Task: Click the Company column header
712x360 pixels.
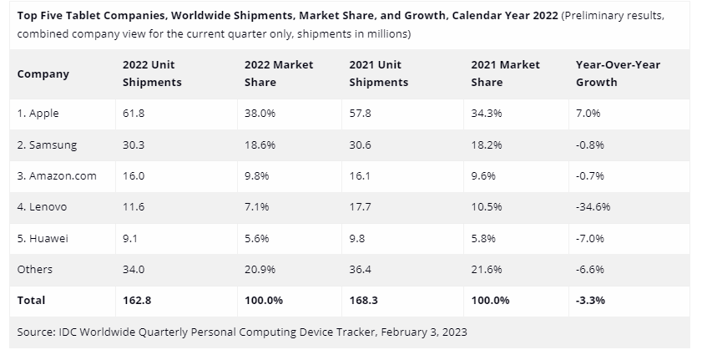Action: (43, 74)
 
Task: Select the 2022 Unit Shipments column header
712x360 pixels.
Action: (151, 74)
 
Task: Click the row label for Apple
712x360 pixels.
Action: (38, 113)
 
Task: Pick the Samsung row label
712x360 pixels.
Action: (47, 145)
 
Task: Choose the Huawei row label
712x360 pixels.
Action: (43, 238)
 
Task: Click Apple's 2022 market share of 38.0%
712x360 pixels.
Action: (260, 113)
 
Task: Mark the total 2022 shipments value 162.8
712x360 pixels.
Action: (138, 300)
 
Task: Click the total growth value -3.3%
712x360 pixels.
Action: (590, 300)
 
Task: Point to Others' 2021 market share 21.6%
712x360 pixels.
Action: (487, 269)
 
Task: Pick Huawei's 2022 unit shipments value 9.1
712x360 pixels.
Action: (131, 238)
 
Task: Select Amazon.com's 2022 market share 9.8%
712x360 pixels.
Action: (257, 175)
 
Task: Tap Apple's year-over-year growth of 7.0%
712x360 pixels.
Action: (588, 113)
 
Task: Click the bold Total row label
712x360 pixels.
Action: (31, 300)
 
